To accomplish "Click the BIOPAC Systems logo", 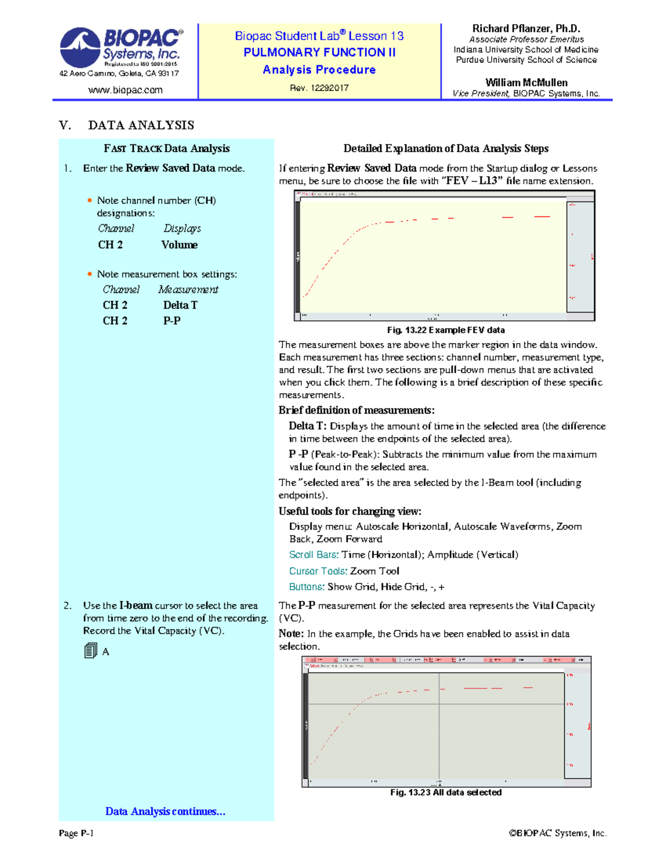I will coord(121,48).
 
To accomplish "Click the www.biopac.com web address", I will coord(125,90).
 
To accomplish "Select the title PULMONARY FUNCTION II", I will coord(320,52).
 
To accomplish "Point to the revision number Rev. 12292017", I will coord(319,88).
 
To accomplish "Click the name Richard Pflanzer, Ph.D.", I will coord(526,28).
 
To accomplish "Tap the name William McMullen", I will coord(526,82).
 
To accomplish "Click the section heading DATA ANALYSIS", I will coord(141,125).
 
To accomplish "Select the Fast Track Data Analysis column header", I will coord(167,148).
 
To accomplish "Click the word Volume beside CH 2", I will coord(179,245).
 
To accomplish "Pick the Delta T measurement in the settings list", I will coord(180,305).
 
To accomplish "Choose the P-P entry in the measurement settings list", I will coord(171,320).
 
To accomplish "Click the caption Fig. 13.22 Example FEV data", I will coord(446,330).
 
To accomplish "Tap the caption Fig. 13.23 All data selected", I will coord(446,792).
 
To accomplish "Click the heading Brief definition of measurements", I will coord(356,410).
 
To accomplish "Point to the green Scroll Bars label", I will coord(313,554).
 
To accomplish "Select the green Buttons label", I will coord(306,587).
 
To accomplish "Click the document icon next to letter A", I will coord(90,651).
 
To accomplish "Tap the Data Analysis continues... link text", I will coord(165,811).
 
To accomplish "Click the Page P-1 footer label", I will coord(76,833).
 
